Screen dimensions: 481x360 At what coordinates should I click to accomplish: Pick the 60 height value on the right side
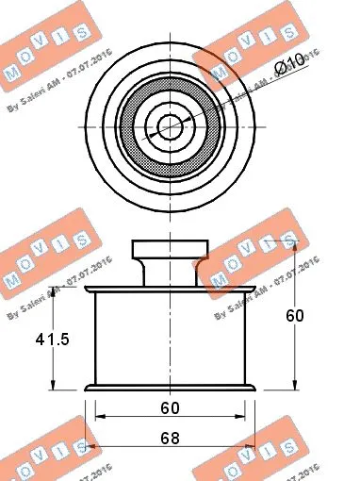coord(295,316)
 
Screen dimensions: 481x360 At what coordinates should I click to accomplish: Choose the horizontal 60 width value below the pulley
coord(170,408)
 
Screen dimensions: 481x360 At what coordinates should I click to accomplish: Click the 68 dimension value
coord(170,439)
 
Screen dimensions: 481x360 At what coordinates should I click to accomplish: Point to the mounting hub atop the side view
coord(170,253)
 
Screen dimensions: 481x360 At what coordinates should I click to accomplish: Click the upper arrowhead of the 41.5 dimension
coord(54,291)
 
